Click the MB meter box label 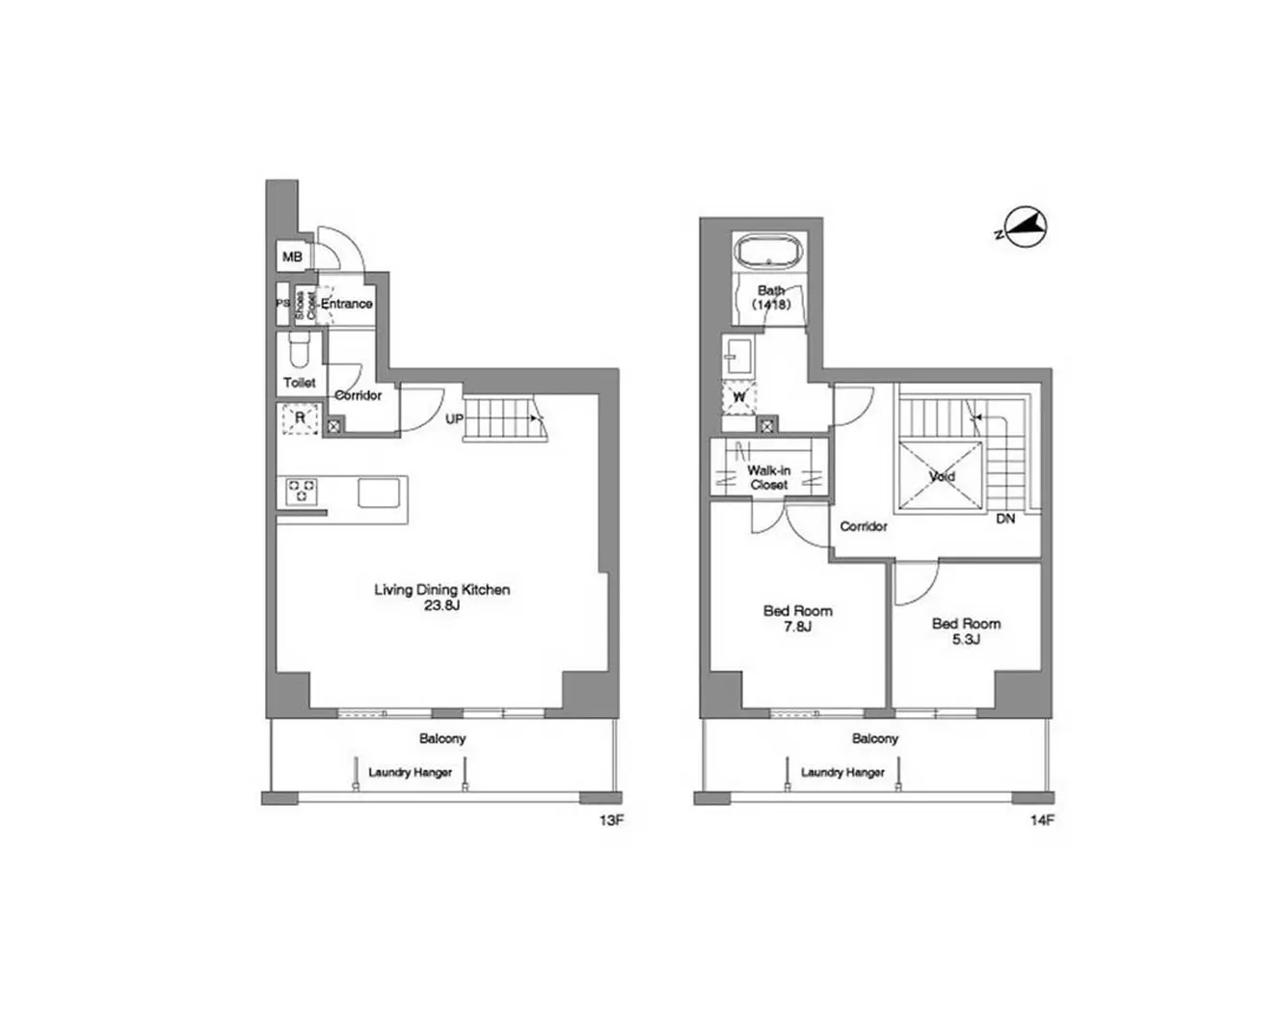(x=292, y=256)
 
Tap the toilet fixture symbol (x=299, y=350)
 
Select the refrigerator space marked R (x=300, y=417)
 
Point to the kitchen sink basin (x=379, y=493)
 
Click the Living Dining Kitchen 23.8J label (x=442, y=597)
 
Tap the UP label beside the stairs (x=454, y=419)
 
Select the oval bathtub (x=769, y=253)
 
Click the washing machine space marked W (x=738, y=397)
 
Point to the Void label (x=943, y=476)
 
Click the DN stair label (x=1005, y=519)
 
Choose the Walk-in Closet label (x=769, y=477)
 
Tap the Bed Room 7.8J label (x=798, y=618)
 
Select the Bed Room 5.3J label (x=966, y=631)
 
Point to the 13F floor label (x=611, y=820)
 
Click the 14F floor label (x=1043, y=820)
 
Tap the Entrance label (x=347, y=304)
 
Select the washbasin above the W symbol (x=737, y=355)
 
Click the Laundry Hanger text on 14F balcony (x=842, y=772)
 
